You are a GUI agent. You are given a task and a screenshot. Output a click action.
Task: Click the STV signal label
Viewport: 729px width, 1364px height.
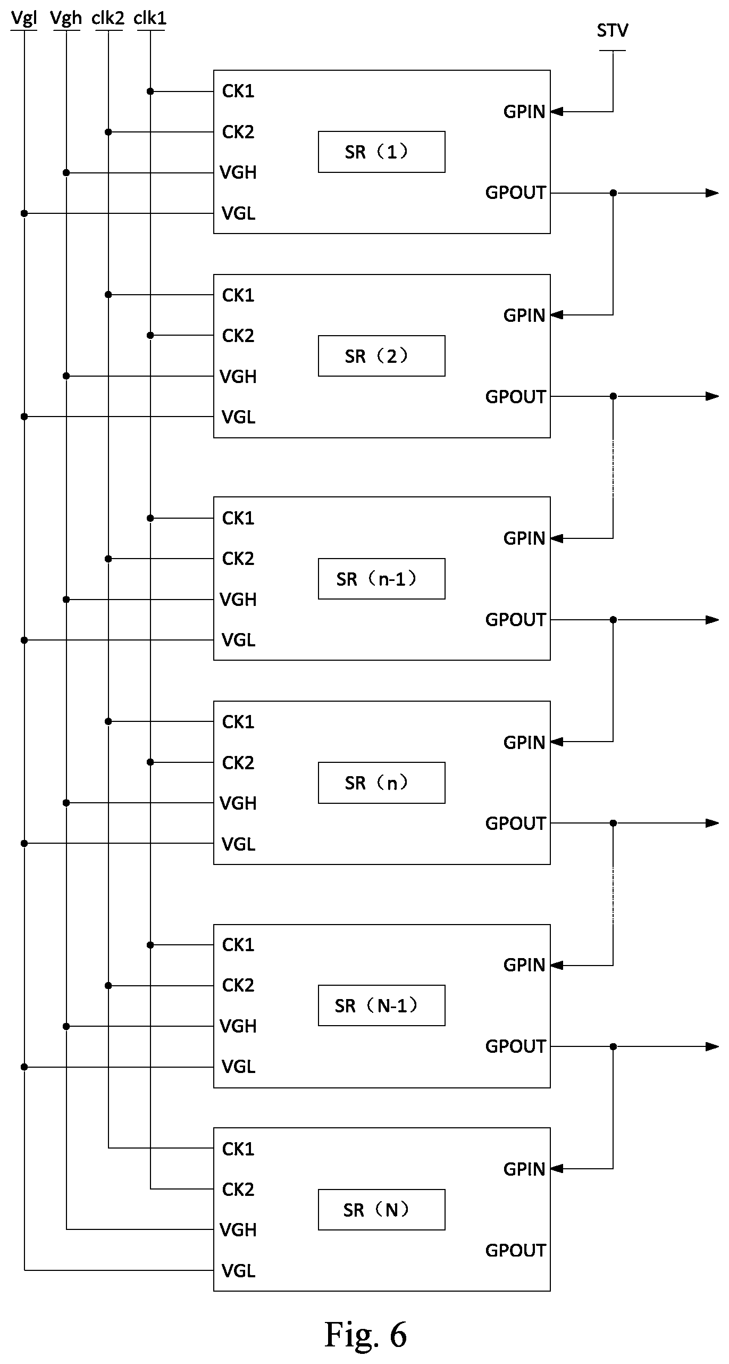[x=612, y=31]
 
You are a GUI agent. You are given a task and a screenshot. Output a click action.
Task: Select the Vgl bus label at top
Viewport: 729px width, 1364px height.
[x=24, y=19]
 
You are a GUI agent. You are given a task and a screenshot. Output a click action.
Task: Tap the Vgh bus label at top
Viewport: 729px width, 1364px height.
[x=66, y=19]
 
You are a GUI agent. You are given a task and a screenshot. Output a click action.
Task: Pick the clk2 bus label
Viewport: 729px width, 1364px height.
[x=108, y=18]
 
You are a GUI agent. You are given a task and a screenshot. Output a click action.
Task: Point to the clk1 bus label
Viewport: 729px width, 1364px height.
[x=150, y=18]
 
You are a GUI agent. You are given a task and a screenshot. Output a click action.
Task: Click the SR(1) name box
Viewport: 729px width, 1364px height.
[x=382, y=152]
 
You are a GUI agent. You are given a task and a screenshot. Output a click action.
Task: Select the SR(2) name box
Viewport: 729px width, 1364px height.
[x=382, y=356]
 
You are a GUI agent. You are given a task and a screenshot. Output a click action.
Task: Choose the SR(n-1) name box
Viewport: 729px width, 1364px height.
[x=382, y=579]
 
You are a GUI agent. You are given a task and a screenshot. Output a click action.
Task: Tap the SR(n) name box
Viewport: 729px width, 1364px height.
[x=382, y=783]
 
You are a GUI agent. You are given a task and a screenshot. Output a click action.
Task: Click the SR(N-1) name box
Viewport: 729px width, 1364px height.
[x=382, y=1005]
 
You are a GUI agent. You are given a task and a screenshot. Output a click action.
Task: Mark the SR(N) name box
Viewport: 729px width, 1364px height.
[x=382, y=1210]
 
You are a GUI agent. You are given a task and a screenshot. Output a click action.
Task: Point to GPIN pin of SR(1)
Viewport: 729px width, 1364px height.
[x=524, y=112]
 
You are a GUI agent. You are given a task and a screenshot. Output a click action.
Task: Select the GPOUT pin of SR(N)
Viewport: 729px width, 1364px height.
[x=515, y=1250]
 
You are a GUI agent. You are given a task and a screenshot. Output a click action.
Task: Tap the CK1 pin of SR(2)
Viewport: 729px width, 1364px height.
[x=238, y=295]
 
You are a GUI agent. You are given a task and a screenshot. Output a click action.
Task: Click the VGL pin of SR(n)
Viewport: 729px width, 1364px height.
[x=238, y=844]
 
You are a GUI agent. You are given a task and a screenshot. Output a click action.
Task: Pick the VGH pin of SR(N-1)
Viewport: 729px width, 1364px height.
[x=238, y=1026]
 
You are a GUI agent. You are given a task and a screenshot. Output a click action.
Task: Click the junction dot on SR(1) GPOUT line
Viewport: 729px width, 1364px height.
[x=613, y=193]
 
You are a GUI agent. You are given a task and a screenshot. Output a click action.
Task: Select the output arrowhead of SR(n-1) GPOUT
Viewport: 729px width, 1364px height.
[x=712, y=620]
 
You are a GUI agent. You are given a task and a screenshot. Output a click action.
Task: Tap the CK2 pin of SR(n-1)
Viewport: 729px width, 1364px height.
[x=238, y=559]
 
